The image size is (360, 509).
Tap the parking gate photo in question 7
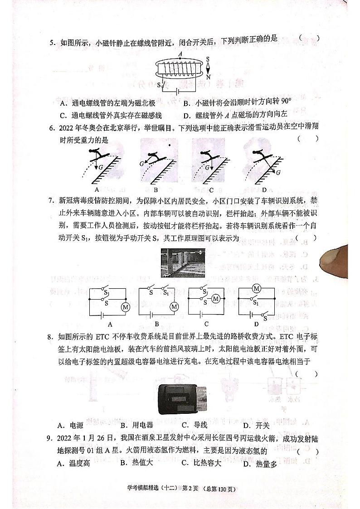[x=181, y=262]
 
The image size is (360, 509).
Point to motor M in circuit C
[x=216, y=298]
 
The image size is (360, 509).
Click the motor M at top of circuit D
[x=257, y=288]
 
